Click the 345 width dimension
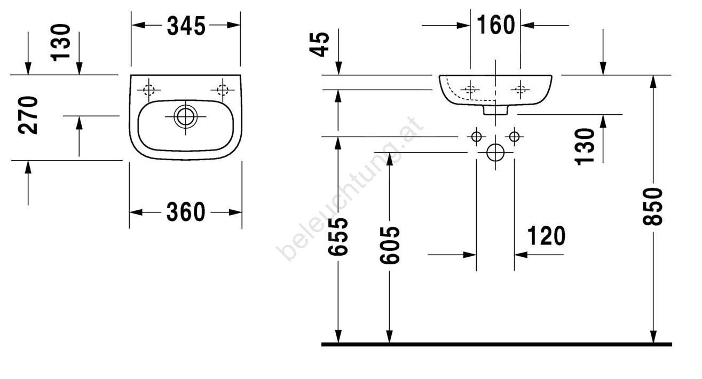(186, 26)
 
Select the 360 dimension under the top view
(186, 212)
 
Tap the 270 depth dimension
(28, 115)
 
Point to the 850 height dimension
(653, 207)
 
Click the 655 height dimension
(338, 236)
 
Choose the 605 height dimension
(390, 245)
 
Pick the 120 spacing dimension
(546, 236)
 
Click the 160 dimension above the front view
(496, 25)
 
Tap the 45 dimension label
(319, 44)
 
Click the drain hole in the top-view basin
(186, 116)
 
